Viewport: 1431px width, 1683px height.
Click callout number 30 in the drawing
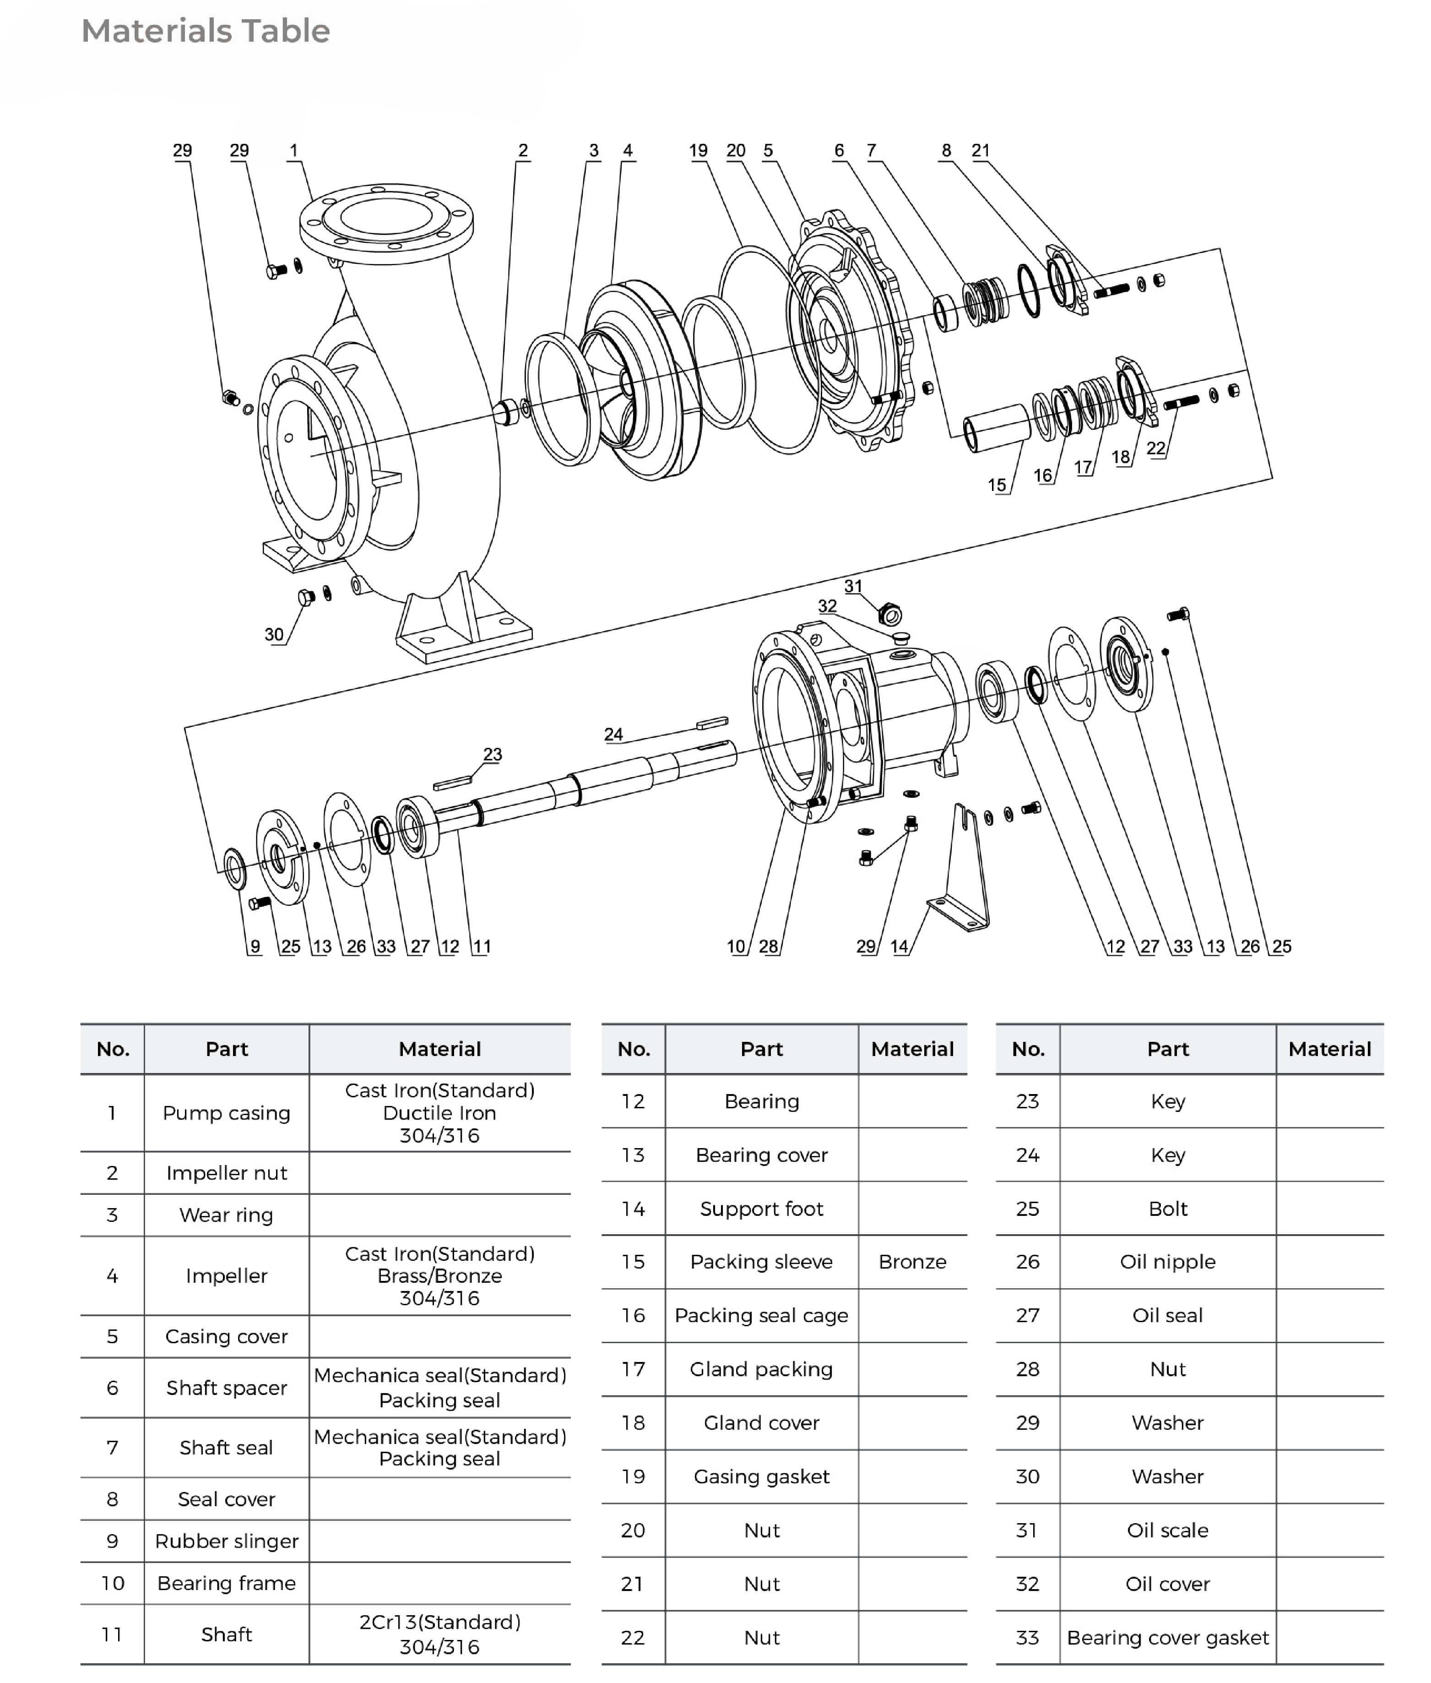click(274, 635)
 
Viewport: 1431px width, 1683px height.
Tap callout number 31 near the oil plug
click(852, 586)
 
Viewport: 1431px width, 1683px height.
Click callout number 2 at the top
click(523, 150)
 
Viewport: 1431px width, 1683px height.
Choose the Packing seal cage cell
click(761, 1315)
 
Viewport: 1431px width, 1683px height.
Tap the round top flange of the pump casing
click(386, 219)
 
